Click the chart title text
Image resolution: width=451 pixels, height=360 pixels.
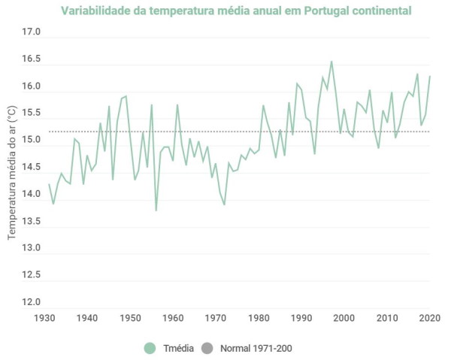[x=236, y=11]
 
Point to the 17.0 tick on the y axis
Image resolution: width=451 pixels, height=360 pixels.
[x=31, y=33]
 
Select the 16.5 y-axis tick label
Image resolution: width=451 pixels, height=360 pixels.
[x=31, y=60]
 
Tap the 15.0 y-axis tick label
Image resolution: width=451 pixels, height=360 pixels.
[x=31, y=141]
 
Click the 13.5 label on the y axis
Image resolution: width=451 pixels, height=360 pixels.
[x=31, y=221]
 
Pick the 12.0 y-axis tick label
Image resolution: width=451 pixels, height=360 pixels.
[x=31, y=302]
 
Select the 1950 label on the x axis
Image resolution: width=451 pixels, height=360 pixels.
[x=130, y=319]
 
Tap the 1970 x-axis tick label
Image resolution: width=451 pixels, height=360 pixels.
[x=216, y=319]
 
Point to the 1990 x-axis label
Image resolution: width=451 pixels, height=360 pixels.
[x=301, y=319]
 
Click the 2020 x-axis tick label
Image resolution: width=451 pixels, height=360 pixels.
[x=429, y=319]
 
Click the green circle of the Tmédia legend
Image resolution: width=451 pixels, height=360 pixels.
[x=150, y=348]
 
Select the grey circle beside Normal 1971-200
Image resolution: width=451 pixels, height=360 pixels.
[x=207, y=348]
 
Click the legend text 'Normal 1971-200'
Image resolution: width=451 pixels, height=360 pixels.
[x=256, y=348]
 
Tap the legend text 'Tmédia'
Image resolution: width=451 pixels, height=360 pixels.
[x=177, y=348]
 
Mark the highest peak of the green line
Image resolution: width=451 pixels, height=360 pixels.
[x=331, y=62]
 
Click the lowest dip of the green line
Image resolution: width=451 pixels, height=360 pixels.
[x=156, y=210]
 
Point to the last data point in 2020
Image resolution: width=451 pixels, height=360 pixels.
[x=430, y=76]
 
